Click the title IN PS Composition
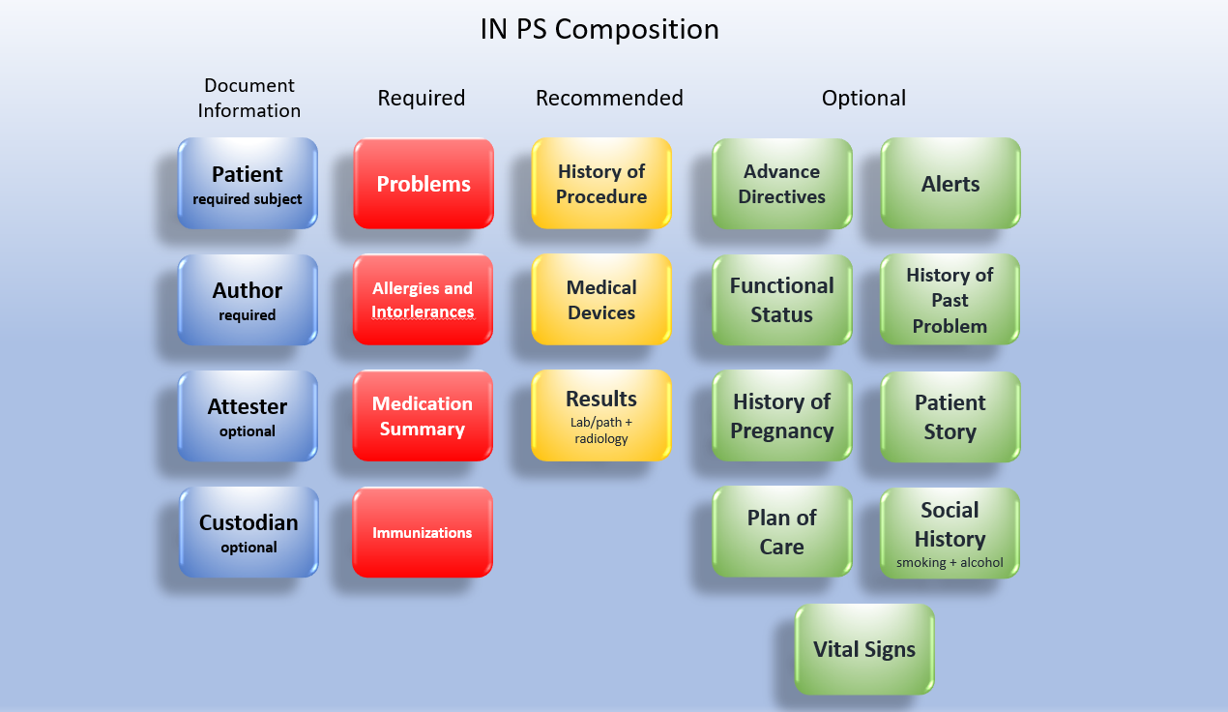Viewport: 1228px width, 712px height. tap(599, 29)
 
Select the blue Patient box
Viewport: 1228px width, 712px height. tap(248, 183)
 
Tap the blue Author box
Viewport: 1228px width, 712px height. tap(248, 299)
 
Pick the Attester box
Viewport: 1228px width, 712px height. tap(248, 415)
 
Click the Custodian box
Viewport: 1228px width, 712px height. tap(249, 531)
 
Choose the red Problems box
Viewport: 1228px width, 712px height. tap(424, 184)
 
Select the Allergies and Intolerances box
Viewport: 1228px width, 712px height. tap(423, 299)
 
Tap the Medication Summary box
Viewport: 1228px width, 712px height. tap(423, 415)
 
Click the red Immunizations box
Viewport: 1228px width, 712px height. tap(423, 532)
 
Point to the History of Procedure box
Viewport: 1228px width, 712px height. tap(601, 183)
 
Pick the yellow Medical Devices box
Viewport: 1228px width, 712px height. tap(601, 299)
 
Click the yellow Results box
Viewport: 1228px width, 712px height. tap(601, 415)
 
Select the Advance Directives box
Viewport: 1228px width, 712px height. tap(782, 183)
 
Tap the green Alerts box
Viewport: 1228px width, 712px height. tap(950, 183)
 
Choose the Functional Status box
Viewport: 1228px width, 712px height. tap(782, 299)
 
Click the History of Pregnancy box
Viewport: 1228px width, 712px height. tap(782, 415)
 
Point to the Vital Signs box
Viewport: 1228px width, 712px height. tap(864, 648)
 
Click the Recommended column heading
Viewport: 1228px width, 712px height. tap(609, 98)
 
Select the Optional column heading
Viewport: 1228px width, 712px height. tap(863, 98)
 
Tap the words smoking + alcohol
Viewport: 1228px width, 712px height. tap(950, 562)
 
